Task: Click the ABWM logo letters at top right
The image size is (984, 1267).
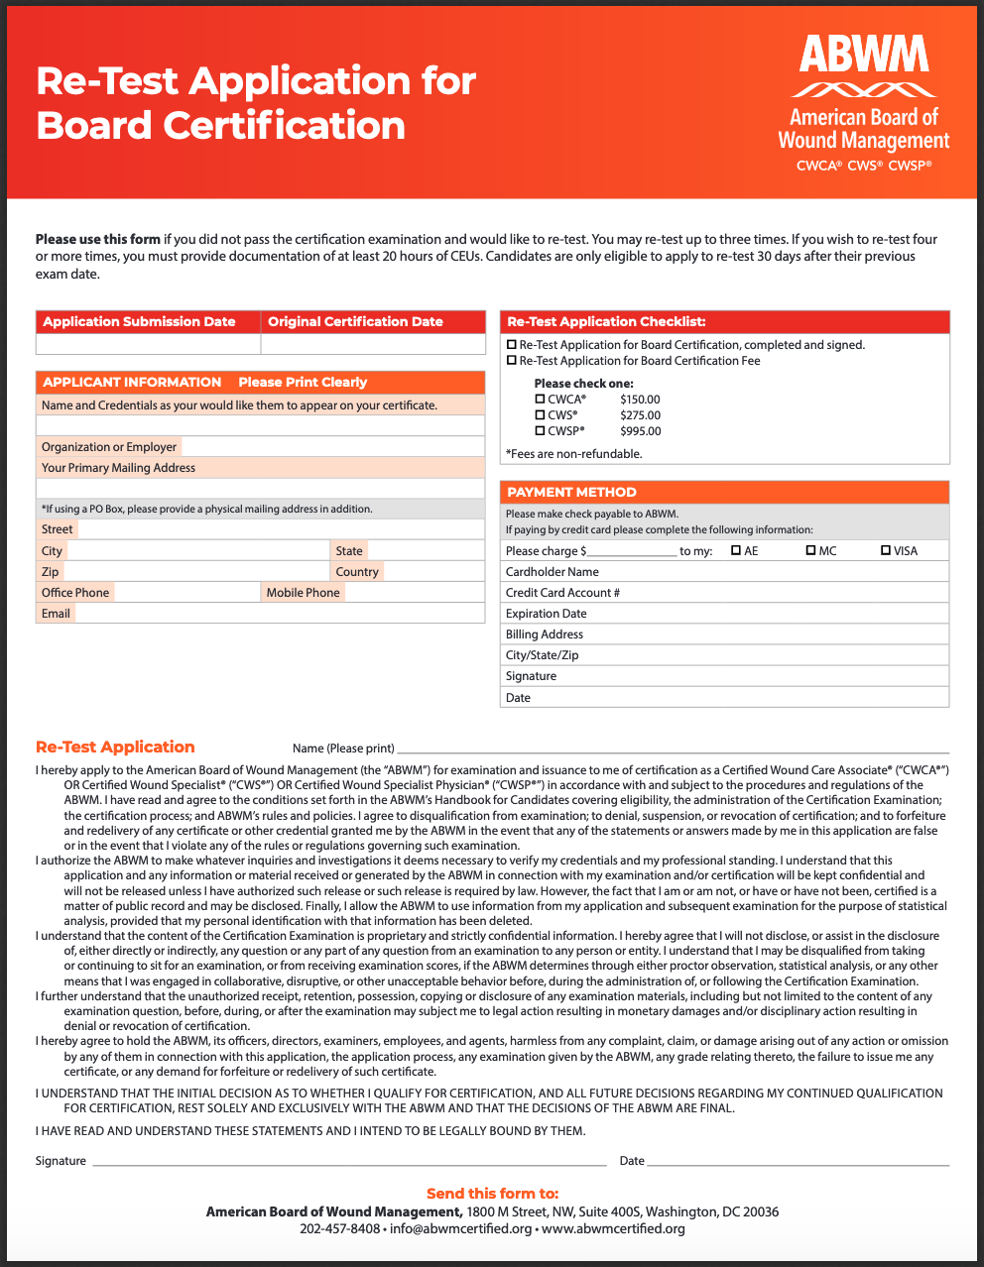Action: (863, 55)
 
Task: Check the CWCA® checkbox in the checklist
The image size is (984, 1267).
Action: (541, 400)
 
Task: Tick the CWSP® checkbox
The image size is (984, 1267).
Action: (541, 431)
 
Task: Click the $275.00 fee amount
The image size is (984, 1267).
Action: (640, 415)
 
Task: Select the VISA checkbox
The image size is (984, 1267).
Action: (886, 550)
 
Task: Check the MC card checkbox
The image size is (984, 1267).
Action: (810, 550)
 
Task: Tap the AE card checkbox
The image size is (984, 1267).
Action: (736, 550)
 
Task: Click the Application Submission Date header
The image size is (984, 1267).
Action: (139, 322)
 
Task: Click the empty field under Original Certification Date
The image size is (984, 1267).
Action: (372, 344)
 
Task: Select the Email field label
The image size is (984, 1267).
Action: (56, 614)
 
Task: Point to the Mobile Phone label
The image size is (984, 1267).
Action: (303, 593)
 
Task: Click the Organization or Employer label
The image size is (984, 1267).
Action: (109, 447)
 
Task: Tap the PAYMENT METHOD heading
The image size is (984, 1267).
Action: (571, 493)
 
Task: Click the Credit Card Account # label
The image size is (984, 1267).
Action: (562, 593)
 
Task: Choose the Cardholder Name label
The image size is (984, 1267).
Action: (552, 572)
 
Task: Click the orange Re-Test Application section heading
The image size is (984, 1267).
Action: (115, 748)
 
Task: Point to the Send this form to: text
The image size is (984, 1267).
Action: (492, 1194)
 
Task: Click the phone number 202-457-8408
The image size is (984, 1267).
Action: (339, 1229)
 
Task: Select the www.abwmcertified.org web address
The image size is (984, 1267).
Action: (613, 1229)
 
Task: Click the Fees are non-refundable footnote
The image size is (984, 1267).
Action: (573, 454)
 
